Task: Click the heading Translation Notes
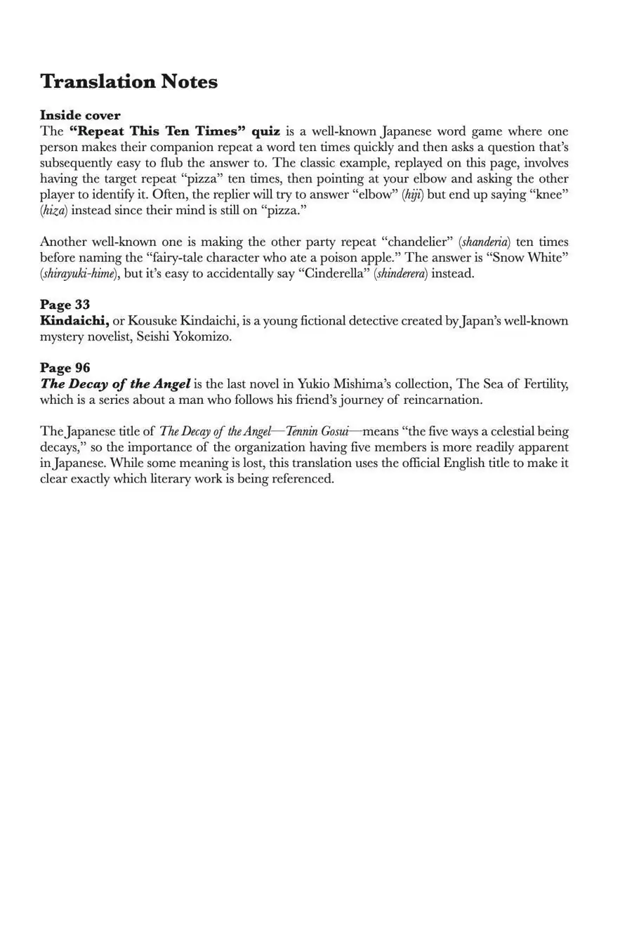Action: tap(129, 81)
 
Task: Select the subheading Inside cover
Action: tap(80, 115)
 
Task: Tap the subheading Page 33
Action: tap(65, 305)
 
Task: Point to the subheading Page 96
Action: tap(65, 368)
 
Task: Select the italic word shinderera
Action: tap(402, 274)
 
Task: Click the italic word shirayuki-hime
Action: tap(78, 274)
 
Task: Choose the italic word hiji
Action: tap(413, 195)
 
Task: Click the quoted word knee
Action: tap(548, 195)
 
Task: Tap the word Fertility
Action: tap(545, 384)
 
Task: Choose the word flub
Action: tap(162, 163)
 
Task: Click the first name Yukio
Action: tap(315, 384)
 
